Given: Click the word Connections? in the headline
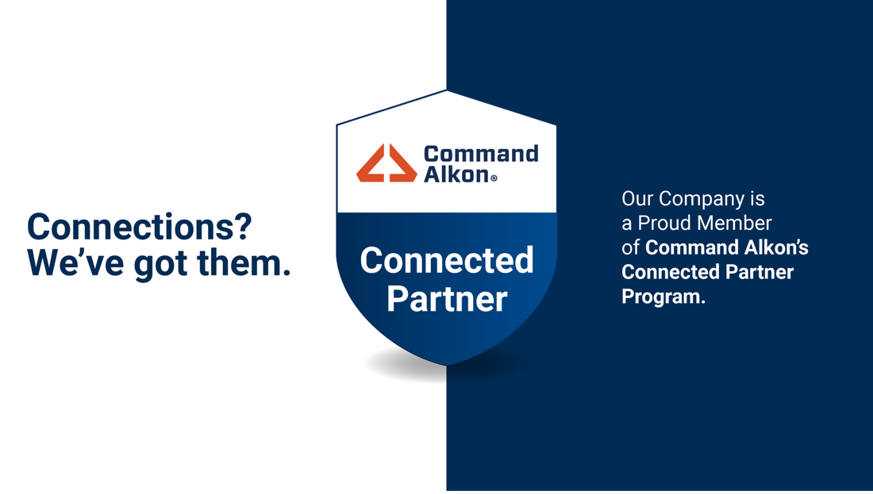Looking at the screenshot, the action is pos(140,227).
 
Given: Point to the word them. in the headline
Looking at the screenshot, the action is pos(244,262).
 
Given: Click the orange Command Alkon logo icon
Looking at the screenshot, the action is pos(387,163).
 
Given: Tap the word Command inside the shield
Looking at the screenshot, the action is pos(481,154).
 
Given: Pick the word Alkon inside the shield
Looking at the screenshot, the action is pos(456,174).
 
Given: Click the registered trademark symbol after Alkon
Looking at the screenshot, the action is pos(494,178).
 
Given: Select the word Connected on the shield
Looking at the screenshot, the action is pos(447,260).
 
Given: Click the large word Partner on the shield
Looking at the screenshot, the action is pos(447,299).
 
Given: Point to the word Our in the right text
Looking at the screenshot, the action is pos(637,198).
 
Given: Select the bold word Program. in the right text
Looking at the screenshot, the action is pos(663,297).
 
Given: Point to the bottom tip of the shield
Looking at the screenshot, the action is pos(447,366).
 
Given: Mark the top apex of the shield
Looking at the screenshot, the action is pos(447,90).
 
